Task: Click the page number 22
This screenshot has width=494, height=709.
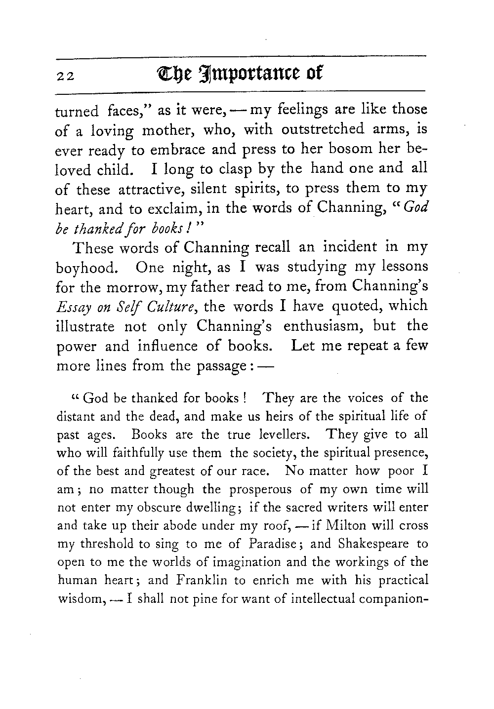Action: coord(65,76)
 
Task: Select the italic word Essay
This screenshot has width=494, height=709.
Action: coord(71,308)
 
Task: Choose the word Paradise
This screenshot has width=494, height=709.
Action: coord(277,544)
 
